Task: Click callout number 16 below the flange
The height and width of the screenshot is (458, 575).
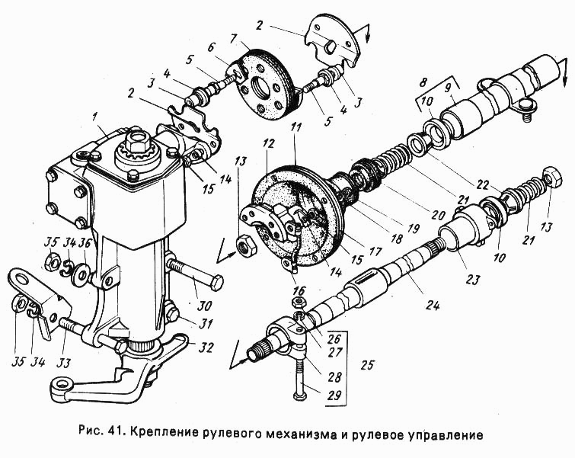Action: [298, 290]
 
